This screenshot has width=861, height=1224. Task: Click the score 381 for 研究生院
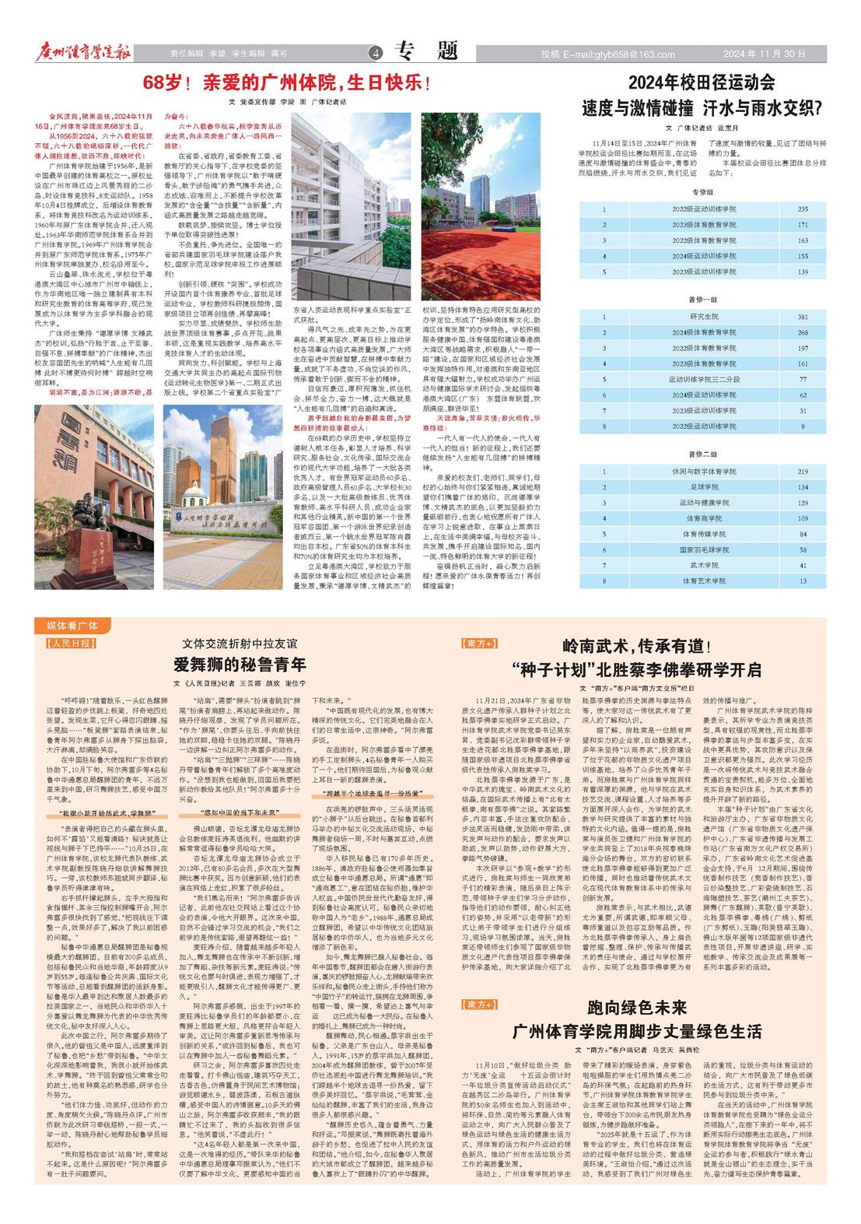pyautogui.click(x=803, y=317)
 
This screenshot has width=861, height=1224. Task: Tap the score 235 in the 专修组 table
pyautogui.click(x=803, y=209)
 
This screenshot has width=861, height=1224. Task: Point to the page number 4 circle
pyautogui.click(x=376, y=54)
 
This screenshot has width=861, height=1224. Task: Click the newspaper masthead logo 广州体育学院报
pyautogui.click(x=83, y=52)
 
